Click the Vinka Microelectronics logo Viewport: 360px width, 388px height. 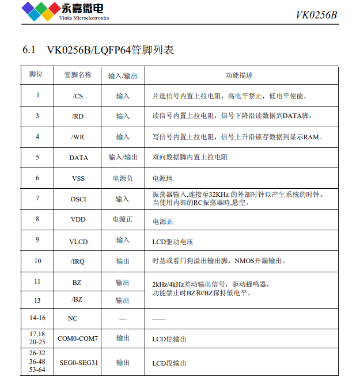pos(65,11)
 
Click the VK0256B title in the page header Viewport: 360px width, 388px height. pos(316,15)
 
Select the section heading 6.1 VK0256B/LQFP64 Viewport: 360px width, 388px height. pos(98,50)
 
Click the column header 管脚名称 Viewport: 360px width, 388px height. pos(78,75)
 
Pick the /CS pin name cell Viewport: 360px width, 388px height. pos(78,96)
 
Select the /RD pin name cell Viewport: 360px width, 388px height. pos(78,116)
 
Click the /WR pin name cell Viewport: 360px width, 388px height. pos(78,137)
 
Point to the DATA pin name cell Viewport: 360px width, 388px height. pos(78,157)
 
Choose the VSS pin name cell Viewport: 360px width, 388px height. pos(78,178)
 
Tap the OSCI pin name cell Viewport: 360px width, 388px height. pos(78,199)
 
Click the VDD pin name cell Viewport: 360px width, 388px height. pos(78,220)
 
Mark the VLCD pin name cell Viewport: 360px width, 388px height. pos(78,241)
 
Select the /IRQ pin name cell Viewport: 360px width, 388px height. pos(78,261)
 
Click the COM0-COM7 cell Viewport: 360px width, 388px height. pos(78,339)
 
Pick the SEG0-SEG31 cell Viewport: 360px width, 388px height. pos(78,363)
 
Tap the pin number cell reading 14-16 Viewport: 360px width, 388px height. pos(37,318)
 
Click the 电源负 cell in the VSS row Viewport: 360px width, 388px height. pos(123,178)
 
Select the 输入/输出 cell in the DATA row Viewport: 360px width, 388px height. pos(123,157)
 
